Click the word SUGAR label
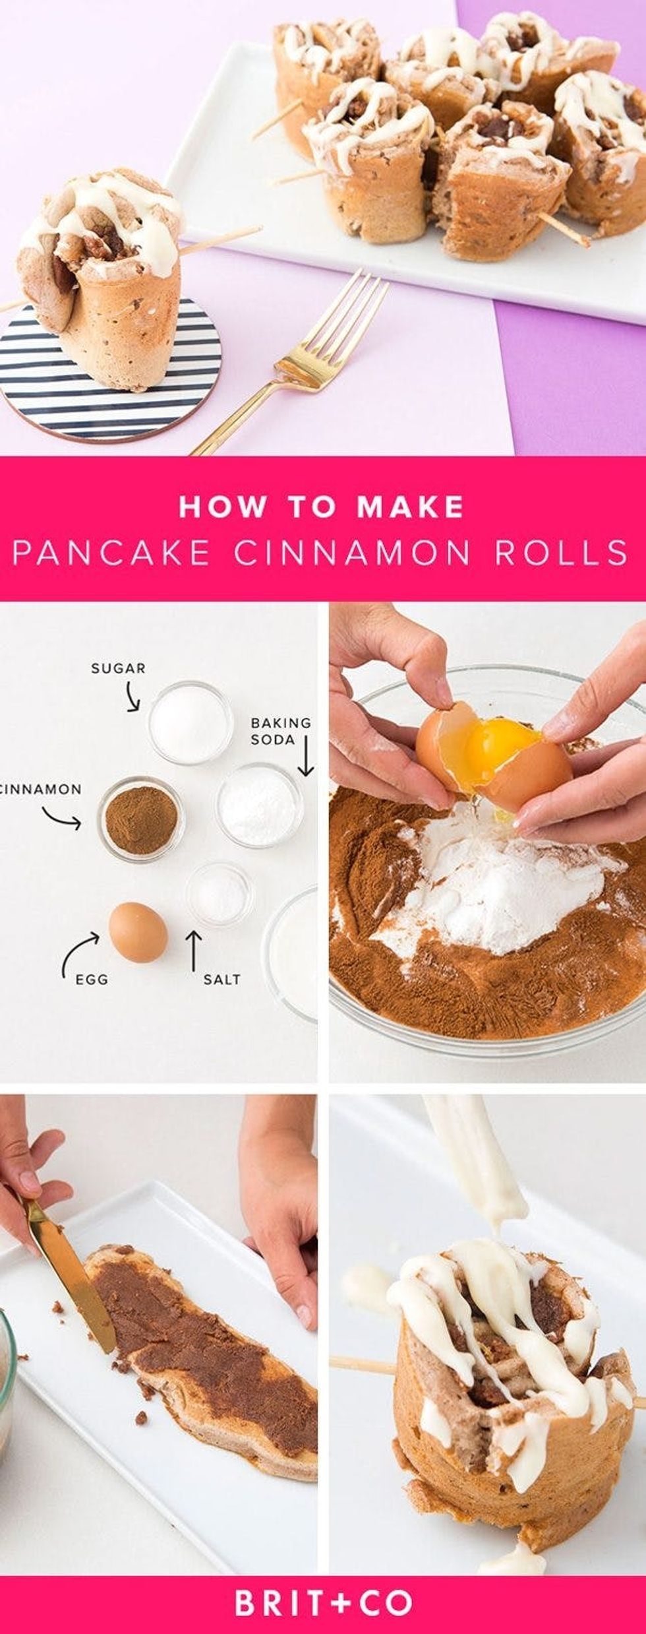[x=118, y=668]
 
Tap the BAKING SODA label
[x=280, y=731]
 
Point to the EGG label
[x=92, y=980]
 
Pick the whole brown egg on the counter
[x=138, y=932]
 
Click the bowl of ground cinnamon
[x=141, y=818]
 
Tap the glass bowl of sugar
[x=190, y=722]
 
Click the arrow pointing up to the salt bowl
[x=193, y=949]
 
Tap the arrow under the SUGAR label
[x=132, y=697]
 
